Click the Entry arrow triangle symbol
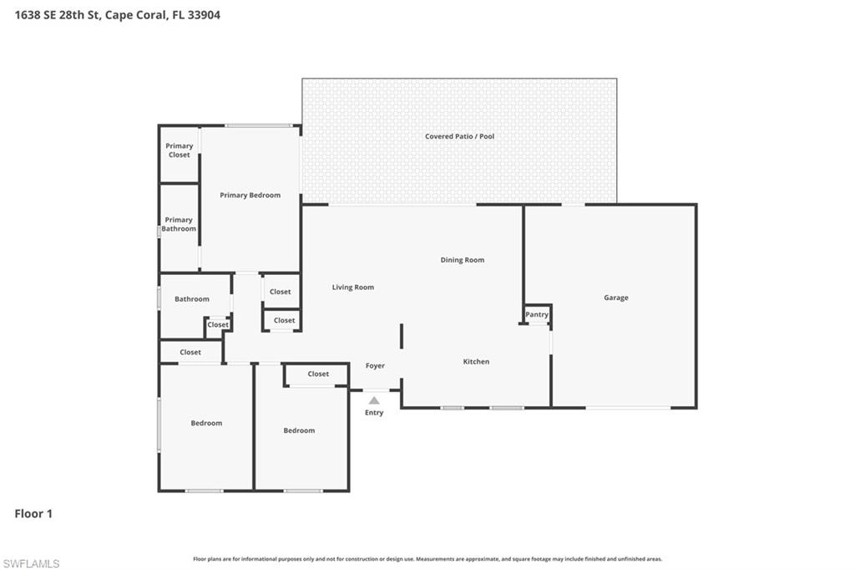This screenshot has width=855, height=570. pyautogui.click(x=374, y=400)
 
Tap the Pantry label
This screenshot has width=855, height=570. pyautogui.click(x=537, y=315)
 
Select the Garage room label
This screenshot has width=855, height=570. pyautogui.click(x=616, y=298)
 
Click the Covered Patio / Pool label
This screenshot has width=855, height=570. pyautogui.click(x=459, y=136)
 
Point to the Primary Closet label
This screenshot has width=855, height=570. pyautogui.click(x=179, y=150)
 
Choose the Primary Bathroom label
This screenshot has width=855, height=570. pyautogui.click(x=179, y=224)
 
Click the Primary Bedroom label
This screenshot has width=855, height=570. pyautogui.click(x=250, y=195)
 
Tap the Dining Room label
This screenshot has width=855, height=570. pyautogui.click(x=463, y=260)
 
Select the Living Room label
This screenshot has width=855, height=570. pyautogui.click(x=353, y=288)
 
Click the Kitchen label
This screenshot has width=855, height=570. pyautogui.click(x=476, y=362)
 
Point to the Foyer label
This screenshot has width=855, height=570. pyautogui.click(x=375, y=366)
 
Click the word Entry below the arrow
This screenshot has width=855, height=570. pyautogui.click(x=374, y=413)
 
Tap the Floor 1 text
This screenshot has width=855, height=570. pyautogui.click(x=33, y=514)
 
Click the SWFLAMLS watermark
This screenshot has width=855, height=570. pyautogui.click(x=31, y=563)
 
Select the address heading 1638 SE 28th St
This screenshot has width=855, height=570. pyautogui.click(x=118, y=15)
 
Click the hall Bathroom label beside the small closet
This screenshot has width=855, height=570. pyautogui.click(x=192, y=299)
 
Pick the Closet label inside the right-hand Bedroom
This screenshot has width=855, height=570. pyautogui.click(x=318, y=374)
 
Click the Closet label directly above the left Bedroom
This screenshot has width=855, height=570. pyautogui.click(x=190, y=353)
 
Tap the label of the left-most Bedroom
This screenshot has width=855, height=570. pyautogui.click(x=206, y=423)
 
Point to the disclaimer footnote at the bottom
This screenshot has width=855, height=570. pyautogui.click(x=427, y=559)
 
